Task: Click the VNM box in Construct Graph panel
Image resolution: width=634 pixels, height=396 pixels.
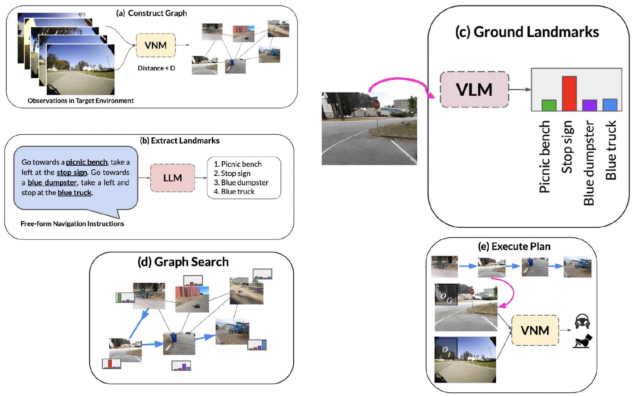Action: pyautogui.click(x=156, y=45)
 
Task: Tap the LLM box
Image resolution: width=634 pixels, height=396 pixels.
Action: pyautogui.click(x=172, y=178)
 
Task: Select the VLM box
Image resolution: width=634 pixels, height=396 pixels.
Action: pyautogui.click(x=474, y=90)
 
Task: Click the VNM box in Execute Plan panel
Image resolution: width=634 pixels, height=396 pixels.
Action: pyautogui.click(x=535, y=330)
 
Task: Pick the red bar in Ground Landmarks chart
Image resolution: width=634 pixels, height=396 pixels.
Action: pyautogui.click(x=569, y=93)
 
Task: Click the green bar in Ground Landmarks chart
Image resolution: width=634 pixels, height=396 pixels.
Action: pyautogui.click(x=549, y=105)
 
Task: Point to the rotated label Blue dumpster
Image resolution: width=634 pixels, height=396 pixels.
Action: pyautogui.click(x=588, y=163)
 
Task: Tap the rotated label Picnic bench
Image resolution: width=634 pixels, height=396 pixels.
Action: pyautogui.click(x=545, y=157)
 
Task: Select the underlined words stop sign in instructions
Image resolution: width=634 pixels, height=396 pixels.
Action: pyautogui.click(x=72, y=172)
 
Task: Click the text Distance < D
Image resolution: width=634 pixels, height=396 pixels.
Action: pyautogui.click(x=156, y=68)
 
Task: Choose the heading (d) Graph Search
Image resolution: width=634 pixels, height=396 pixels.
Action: pyautogui.click(x=183, y=262)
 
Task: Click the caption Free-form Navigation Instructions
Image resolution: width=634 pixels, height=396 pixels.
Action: pyautogui.click(x=72, y=224)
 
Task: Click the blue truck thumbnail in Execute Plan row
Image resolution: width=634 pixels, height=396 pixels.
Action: pyautogui.click(x=577, y=267)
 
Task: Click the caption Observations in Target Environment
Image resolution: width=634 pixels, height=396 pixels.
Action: pyautogui.click(x=80, y=100)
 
